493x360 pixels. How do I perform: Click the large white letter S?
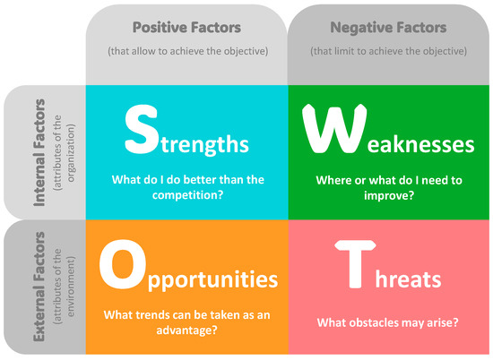pyautogui.click(x=141, y=130)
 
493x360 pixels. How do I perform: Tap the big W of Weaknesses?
pyautogui.click(x=334, y=128)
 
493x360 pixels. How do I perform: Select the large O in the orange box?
pyautogui.click(x=123, y=264)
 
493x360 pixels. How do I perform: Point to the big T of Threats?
pyautogui.click(x=355, y=264)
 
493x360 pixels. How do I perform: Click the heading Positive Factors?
pyautogui.click(x=186, y=28)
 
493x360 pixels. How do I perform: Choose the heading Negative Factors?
pyautogui.click(x=388, y=28)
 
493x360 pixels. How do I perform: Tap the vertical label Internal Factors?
pyautogui.click(x=39, y=152)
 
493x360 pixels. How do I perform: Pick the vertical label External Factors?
pyautogui.click(x=39, y=287)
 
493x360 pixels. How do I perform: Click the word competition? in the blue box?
pyautogui.click(x=187, y=195)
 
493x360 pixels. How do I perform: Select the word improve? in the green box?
pyautogui.click(x=389, y=196)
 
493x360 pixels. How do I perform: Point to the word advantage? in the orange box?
pyautogui.click(x=186, y=330)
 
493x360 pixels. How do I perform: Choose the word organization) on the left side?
pyautogui.click(x=71, y=153)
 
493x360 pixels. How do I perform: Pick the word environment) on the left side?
pyautogui.click(x=71, y=287)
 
